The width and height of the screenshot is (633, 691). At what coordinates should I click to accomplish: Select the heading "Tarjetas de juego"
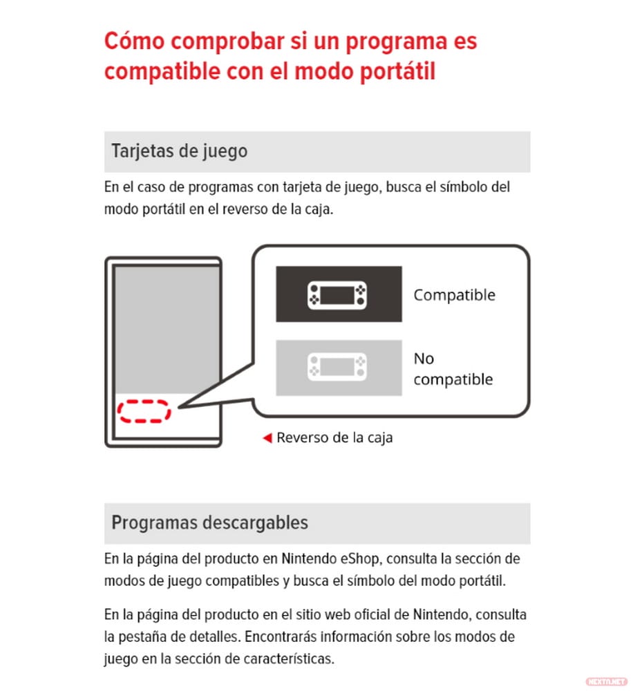pos(179,151)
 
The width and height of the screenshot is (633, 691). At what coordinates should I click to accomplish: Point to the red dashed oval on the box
pos(143,410)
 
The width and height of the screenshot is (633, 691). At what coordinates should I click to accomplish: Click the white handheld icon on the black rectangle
pos(338,294)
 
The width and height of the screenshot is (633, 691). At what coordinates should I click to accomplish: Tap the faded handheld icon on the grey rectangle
pos(338,368)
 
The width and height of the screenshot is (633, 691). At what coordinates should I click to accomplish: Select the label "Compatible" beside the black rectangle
pos(454,295)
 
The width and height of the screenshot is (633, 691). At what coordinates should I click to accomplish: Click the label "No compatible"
pos(453,369)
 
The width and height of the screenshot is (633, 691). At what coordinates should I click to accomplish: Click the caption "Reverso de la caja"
pos(334,437)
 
